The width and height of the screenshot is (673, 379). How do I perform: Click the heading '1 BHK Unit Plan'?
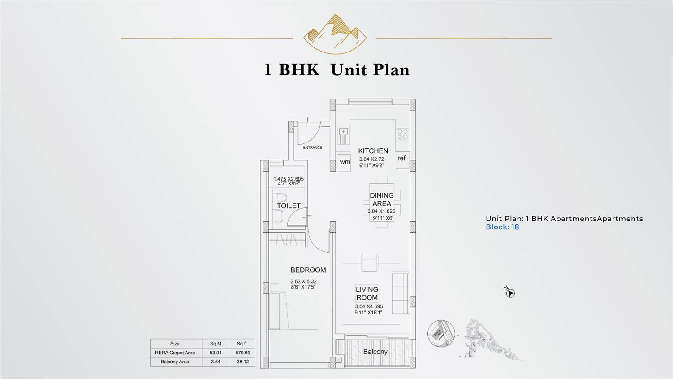pyautogui.click(x=336, y=70)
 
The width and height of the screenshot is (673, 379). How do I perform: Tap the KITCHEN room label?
pyautogui.click(x=373, y=151)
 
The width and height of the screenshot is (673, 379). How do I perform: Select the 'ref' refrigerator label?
pyautogui.click(x=401, y=158)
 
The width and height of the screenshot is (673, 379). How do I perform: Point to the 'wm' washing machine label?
pyautogui.click(x=345, y=162)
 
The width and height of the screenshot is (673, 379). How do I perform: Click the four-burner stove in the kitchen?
pyautogui.click(x=402, y=134)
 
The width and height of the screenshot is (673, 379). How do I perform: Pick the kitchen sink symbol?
pyautogui.click(x=344, y=132)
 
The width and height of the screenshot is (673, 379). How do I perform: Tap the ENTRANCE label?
pyautogui.click(x=312, y=147)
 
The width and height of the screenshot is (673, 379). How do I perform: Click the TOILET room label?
pyautogui.click(x=289, y=206)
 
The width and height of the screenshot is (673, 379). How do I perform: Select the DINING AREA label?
pyautogui.click(x=381, y=199)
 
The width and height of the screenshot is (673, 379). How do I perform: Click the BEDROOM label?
pyautogui.click(x=308, y=270)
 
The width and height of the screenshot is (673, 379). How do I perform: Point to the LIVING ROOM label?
pyautogui.click(x=367, y=293)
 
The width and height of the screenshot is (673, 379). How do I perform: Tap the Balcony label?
pyautogui.click(x=375, y=352)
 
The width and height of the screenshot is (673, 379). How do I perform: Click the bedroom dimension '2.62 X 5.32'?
pyautogui.click(x=303, y=281)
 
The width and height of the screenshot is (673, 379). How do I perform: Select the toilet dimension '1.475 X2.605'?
pyautogui.click(x=289, y=179)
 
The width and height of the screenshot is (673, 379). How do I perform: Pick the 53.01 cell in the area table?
pyautogui.click(x=216, y=353)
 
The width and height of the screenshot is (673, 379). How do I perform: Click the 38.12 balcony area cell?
pyautogui.click(x=242, y=362)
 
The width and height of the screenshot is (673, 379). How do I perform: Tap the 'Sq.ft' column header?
pyautogui.click(x=242, y=344)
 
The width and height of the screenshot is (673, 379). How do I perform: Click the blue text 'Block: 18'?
pyautogui.click(x=502, y=227)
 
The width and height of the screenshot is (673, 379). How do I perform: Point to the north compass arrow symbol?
pyautogui.click(x=510, y=293)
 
